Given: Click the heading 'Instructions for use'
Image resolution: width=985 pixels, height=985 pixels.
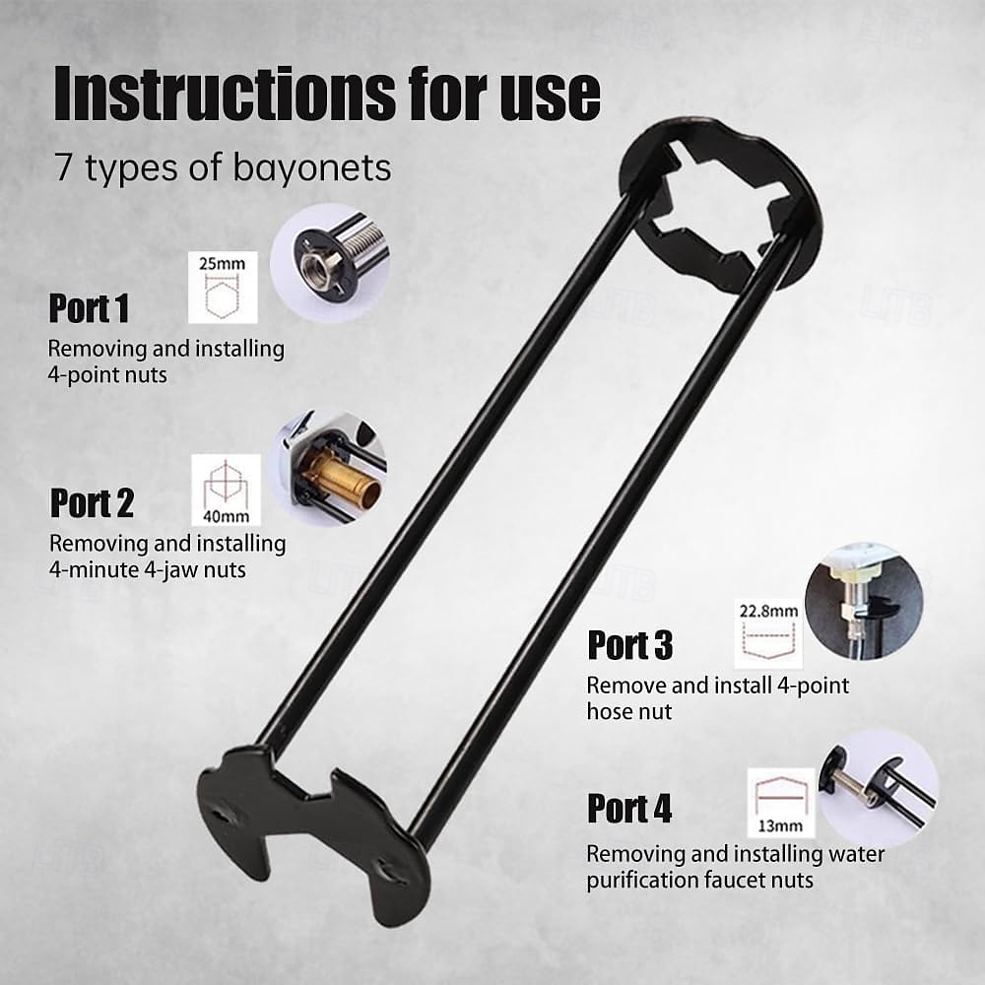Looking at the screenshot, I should tap(326, 95).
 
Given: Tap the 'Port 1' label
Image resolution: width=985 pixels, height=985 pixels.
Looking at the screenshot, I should tap(89, 308).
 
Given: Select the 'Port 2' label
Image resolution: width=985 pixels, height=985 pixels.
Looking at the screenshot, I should tap(92, 503).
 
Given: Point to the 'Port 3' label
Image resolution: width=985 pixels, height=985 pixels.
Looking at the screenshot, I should tap(630, 645).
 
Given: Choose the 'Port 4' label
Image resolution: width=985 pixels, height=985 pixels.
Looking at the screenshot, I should tap(629, 809).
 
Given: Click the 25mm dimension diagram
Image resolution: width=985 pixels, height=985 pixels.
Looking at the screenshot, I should tap(223, 287).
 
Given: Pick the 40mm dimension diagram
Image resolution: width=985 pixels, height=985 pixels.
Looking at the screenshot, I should tap(226, 490).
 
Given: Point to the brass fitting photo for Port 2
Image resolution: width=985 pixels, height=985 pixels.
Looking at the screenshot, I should tap(330, 468).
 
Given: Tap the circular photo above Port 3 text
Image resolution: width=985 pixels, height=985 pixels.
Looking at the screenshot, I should tap(863, 600).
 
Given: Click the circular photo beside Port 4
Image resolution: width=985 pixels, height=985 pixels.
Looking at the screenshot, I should tap(878, 787).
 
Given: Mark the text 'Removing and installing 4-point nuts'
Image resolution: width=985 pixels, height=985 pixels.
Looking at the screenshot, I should tap(166, 361).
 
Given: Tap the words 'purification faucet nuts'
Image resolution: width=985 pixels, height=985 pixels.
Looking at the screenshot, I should tap(700, 880).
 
